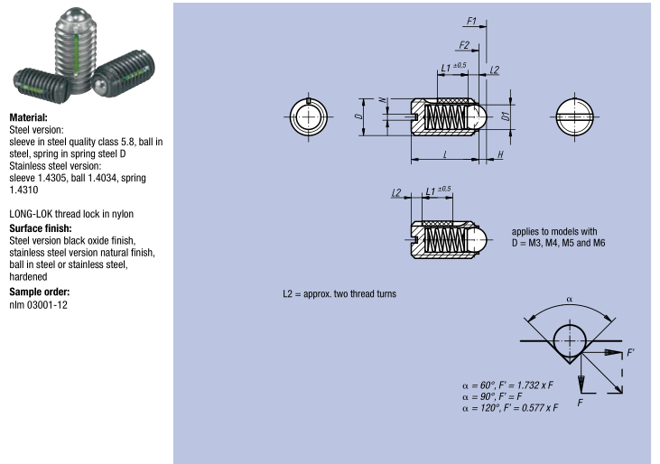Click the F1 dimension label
(471, 21)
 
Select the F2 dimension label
(464, 45)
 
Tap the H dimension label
(500, 154)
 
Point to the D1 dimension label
(507, 116)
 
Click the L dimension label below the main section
(445, 154)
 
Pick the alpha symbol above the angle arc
(570, 300)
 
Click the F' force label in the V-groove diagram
(630, 353)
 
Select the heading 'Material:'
(29, 117)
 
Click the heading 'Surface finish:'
(41, 228)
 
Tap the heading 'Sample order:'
(40, 292)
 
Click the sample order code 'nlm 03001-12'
(38, 304)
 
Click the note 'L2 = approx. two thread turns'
(339, 293)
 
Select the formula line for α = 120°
(510, 408)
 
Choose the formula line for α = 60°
(507, 385)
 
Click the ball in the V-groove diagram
(570, 340)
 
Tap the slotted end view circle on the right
(574, 116)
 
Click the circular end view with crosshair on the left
(309, 116)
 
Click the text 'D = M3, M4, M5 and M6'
(558, 243)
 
